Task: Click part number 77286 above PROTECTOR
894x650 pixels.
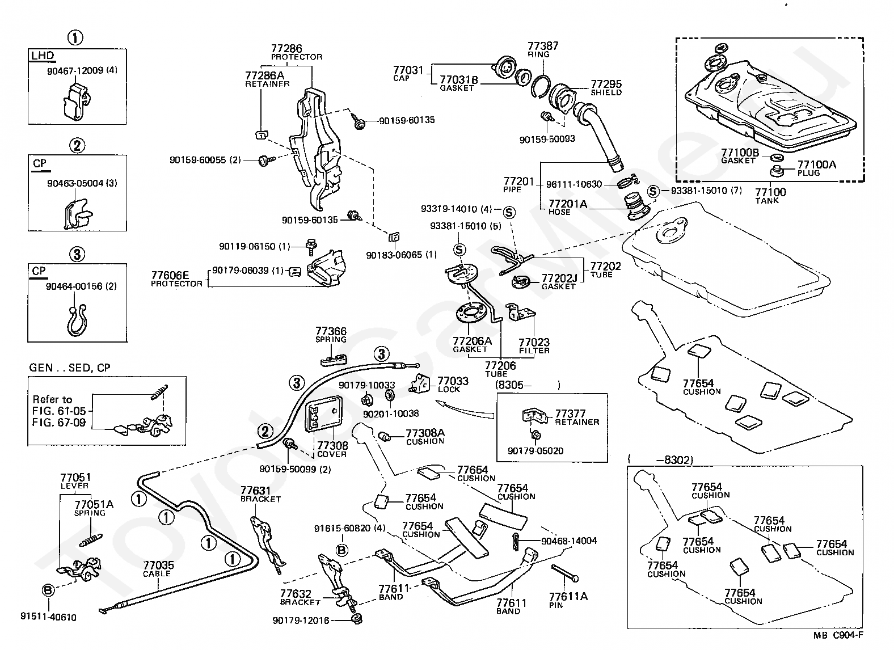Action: pos(286,49)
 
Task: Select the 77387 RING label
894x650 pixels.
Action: pos(543,49)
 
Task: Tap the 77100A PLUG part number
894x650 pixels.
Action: pos(817,164)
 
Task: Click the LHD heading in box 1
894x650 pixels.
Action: pos(43,55)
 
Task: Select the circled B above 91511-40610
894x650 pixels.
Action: pos(48,590)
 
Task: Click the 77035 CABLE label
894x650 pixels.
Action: pos(158,569)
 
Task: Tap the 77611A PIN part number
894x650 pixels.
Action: pos(568,596)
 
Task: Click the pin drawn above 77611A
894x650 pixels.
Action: pos(565,573)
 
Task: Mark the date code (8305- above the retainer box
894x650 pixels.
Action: pos(513,385)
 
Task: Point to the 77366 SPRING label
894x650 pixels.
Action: pos(331,335)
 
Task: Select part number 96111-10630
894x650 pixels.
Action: pos(574,184)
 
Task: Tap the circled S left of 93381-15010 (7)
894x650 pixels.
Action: pos(653,191)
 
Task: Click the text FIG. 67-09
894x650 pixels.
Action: pos(59,422)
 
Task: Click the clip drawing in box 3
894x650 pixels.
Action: pos(77,320)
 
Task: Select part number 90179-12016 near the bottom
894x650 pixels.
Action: pos(301,621)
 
